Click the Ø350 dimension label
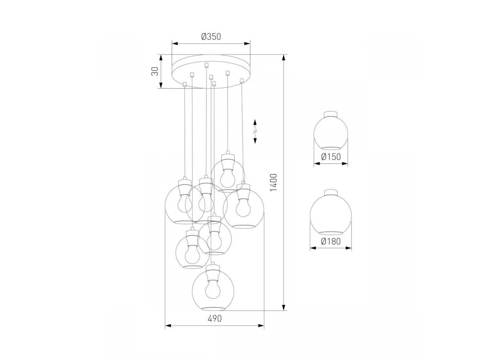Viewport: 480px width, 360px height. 211,36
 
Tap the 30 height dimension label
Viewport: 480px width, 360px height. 155,71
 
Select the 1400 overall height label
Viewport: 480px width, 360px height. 273,182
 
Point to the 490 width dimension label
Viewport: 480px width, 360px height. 214,318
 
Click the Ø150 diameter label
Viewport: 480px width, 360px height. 331,156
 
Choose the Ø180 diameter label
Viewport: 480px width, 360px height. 331,241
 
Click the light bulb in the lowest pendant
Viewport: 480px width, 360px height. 212,289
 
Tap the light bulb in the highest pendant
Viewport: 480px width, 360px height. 228,178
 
